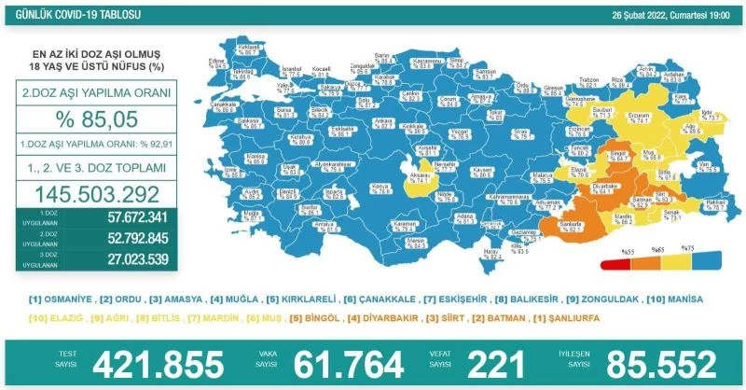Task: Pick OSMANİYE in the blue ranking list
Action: point(66,299)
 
